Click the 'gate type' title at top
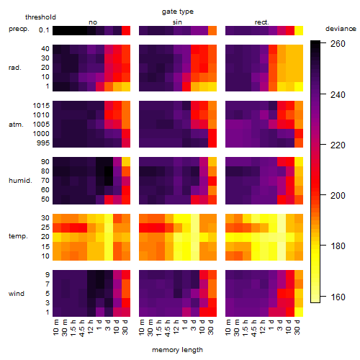tap(178, 12)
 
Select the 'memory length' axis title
tap(177, 350)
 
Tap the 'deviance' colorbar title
tap(341, 29)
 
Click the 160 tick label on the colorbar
tap(338, 297)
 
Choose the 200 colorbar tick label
tap(338, 196)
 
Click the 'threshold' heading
tap(40, 17)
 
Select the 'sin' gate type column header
tap(177, 22)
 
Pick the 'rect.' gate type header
tap(261, 22)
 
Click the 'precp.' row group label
tap(19, 29)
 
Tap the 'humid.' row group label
tap(20, 181)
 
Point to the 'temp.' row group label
tap(18, 236)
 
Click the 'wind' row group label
tap(17, 294)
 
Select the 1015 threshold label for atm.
tap(41, 106)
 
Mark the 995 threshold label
tap(43, 143)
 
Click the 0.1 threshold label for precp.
tap(44, 30)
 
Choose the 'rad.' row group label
tap(15, 68)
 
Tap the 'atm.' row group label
tap(16, 125)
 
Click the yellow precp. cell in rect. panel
tap(299, 30)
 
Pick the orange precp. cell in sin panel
tap(212, 30)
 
